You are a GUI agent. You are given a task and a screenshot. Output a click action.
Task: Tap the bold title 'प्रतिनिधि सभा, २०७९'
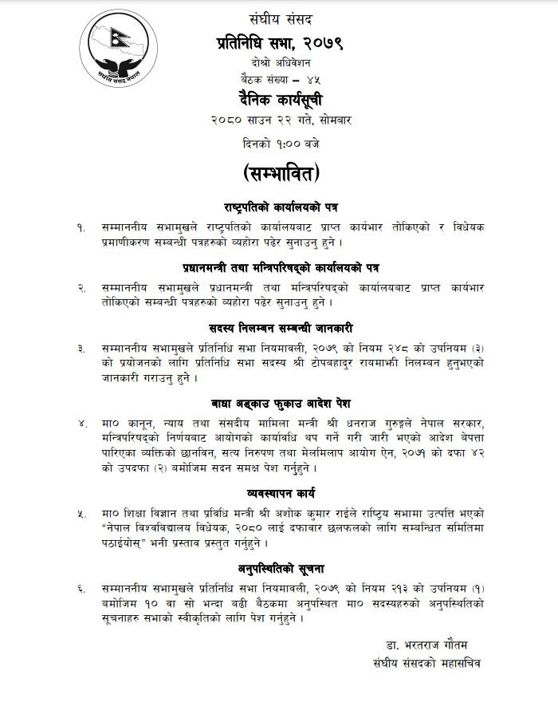tap(278, 41)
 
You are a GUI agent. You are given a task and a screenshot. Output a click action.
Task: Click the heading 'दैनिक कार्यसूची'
tap(278, 99)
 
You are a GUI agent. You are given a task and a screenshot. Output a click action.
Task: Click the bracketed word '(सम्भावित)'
tap(278, 173)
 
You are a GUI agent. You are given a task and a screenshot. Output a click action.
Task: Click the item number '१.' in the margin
tap(81, 227)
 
